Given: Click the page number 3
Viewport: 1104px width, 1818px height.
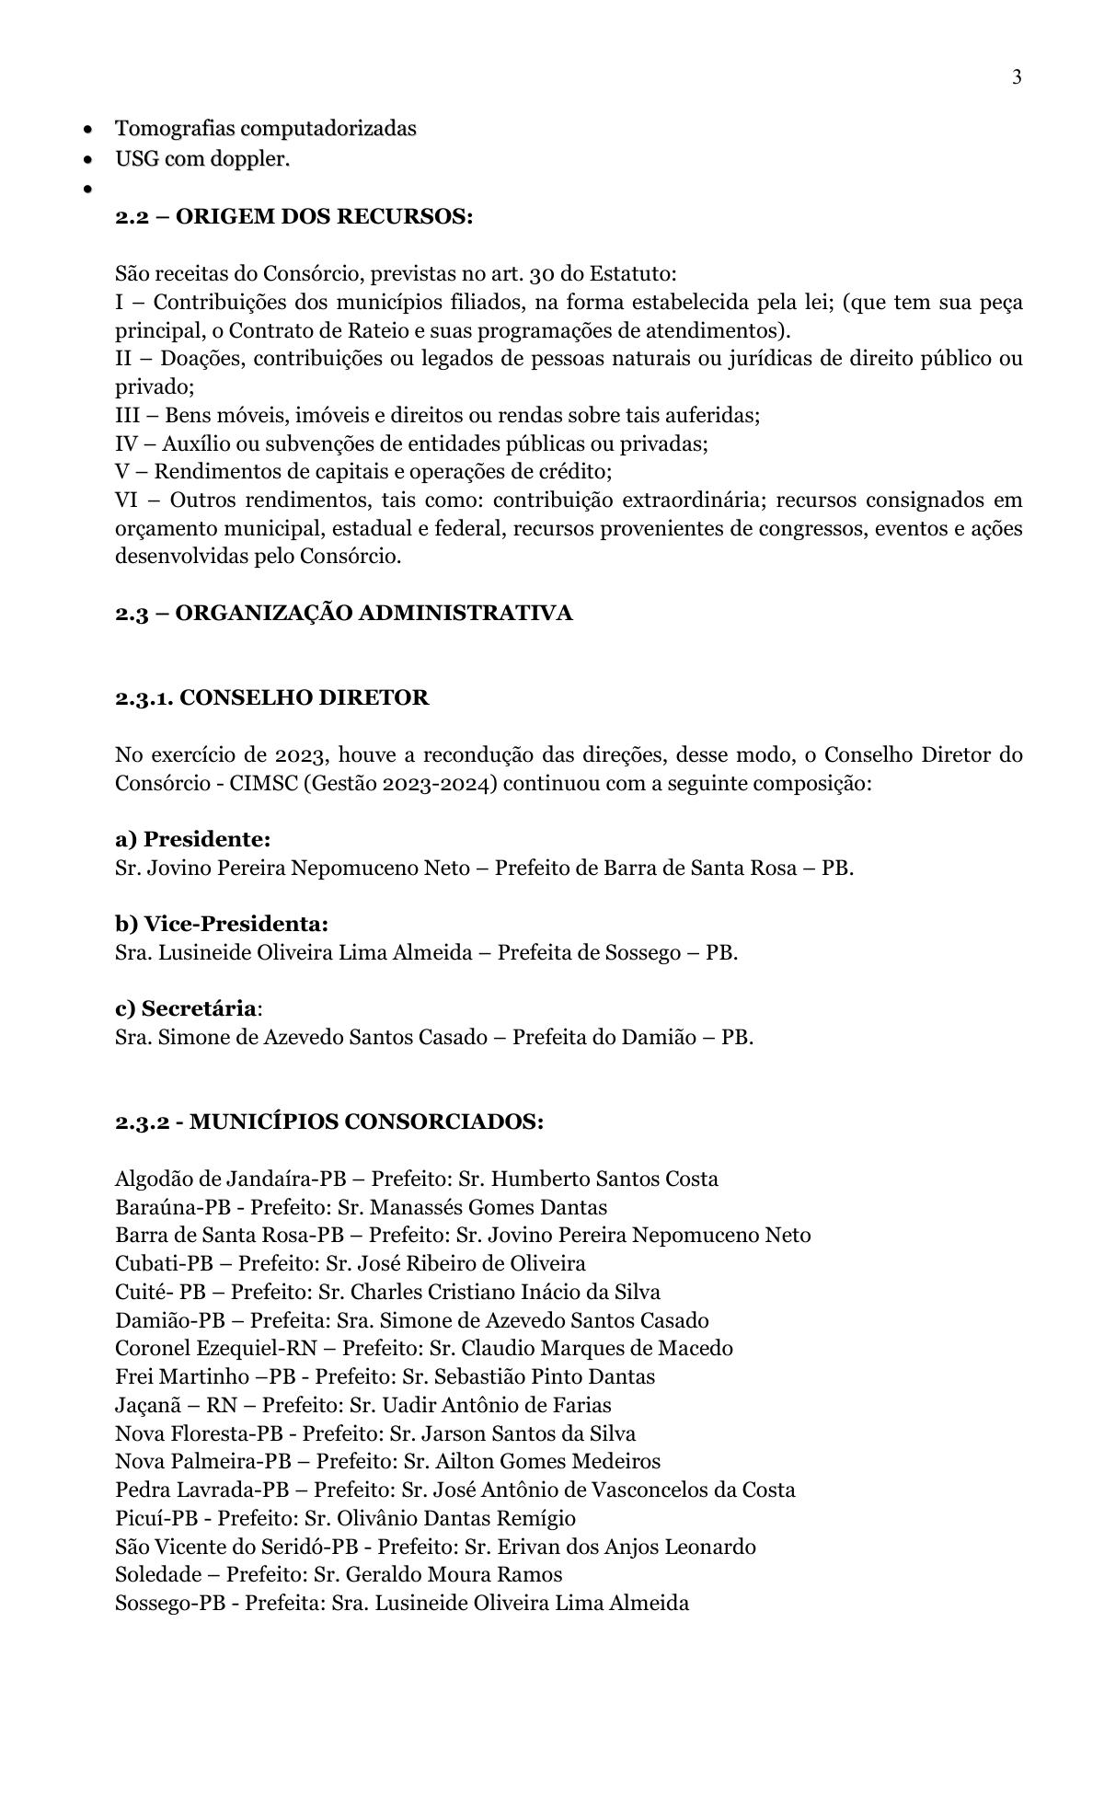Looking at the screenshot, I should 1017,77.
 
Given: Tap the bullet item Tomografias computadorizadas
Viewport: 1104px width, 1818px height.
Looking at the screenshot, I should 265,129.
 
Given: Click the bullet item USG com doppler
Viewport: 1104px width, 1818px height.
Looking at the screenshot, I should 201,159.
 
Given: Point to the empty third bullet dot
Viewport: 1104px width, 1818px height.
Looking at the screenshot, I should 87,190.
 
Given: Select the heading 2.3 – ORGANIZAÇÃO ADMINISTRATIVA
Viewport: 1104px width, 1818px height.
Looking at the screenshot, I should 343,613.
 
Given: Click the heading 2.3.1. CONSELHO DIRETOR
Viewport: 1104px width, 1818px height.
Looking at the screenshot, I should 271,697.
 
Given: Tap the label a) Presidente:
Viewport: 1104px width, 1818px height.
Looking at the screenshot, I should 192,839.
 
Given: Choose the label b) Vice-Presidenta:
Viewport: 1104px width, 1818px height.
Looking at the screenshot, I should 221,924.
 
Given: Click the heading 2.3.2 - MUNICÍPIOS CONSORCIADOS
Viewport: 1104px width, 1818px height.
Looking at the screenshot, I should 328,1122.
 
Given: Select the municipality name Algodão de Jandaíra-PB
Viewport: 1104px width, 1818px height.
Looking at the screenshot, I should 224,1179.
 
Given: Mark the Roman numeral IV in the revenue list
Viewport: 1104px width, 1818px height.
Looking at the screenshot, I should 126,444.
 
